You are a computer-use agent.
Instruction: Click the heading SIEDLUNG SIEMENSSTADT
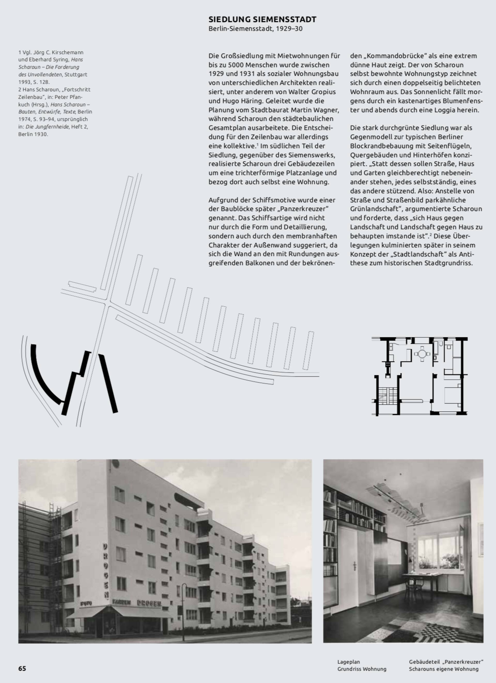pyautogui.click(x=262, y=20)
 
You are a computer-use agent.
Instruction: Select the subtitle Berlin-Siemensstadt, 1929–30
pyautogui.click(x=255, y=29)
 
